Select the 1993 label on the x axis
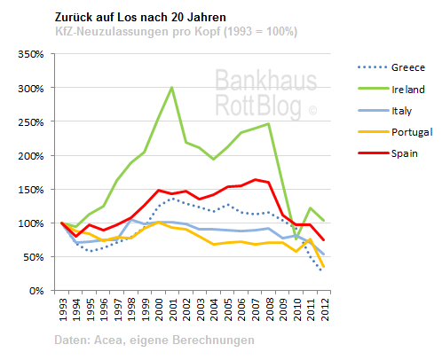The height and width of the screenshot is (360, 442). click(62, 308)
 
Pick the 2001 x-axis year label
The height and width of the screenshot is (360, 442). click(171, 308)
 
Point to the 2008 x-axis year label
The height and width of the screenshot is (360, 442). click(267, 308)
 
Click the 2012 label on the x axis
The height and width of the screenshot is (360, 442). click(321, 308)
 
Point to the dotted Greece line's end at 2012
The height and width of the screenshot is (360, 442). click(321, 270)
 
